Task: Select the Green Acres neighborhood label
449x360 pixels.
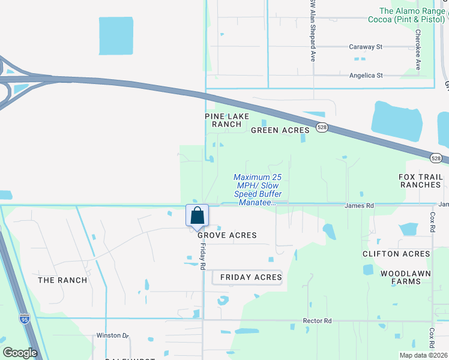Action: coord(280,130)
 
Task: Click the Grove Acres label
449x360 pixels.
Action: coord(232,235)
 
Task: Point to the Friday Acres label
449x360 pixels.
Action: coord(251,277)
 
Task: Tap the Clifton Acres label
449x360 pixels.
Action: coord(396,254)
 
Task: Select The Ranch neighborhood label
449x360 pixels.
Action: coord(62,280)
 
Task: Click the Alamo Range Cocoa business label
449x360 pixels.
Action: coord(412,15)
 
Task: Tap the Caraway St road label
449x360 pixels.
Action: coord(366,46)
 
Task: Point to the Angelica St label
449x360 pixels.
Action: coord(366,76)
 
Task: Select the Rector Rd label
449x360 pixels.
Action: coord(318,321)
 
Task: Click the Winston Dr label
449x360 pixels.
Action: coord(113,335)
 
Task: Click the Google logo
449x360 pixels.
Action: coord(20,353)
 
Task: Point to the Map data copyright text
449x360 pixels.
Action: coord(424,355)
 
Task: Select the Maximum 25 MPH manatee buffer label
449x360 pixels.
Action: coord(258,190)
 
